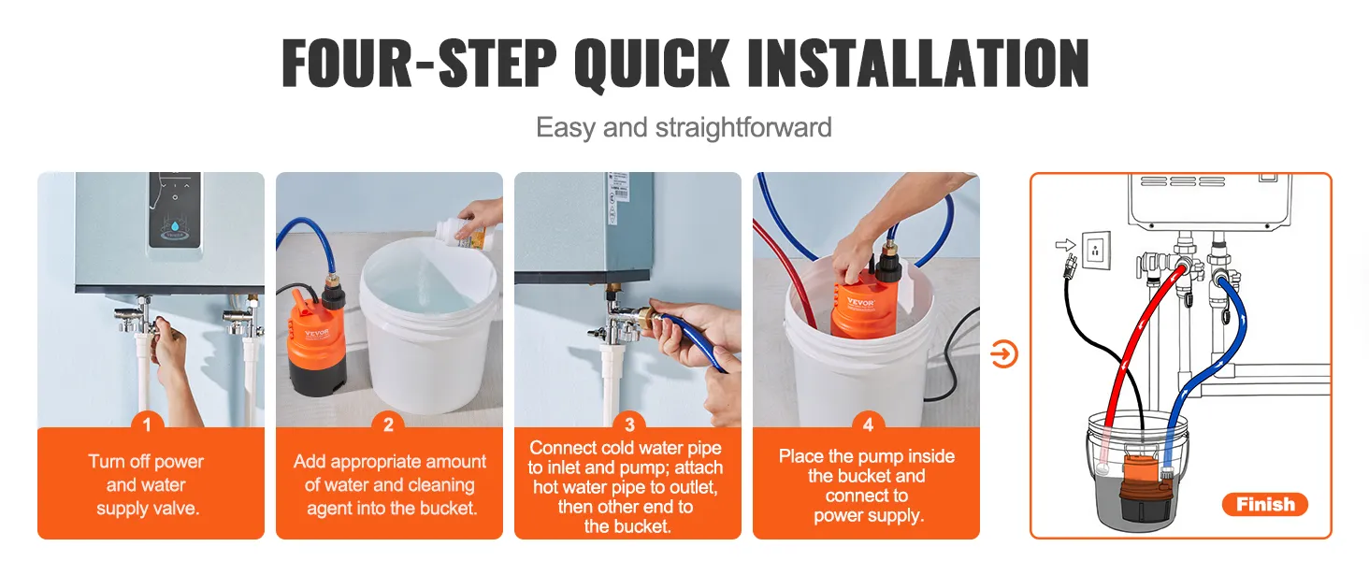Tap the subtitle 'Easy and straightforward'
(x=684, y=127)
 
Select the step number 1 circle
(x=147, y=425)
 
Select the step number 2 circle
(x=389, y=425)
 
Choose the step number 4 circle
(x=868, y=425)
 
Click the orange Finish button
(x=1264, y=505)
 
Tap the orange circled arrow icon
(x=1003, y=354)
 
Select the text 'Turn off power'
(x=146, y=461)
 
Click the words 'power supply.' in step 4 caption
(x=867, y=515)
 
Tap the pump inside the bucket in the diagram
(x=1131, y=477)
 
